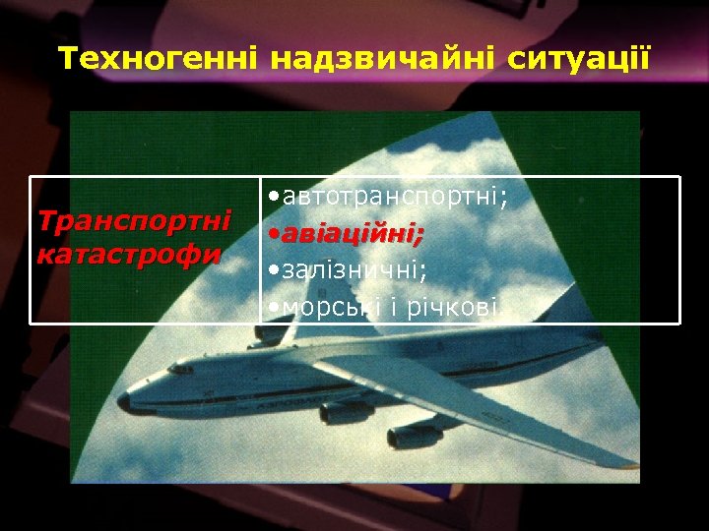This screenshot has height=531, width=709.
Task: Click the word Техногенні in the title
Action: point(159,58)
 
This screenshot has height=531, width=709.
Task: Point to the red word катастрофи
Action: point(127,255)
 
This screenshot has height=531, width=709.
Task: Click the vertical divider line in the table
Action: point(260,250)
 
